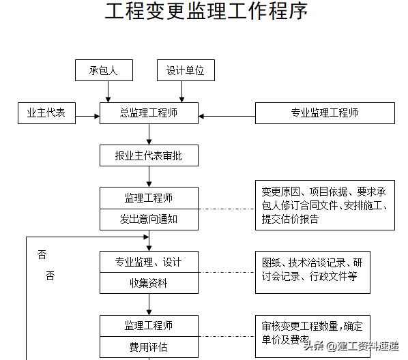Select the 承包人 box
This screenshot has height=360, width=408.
click(104, 71)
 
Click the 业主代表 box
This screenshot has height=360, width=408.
click(46, 113)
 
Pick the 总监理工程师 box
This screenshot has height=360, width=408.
click(149, 113)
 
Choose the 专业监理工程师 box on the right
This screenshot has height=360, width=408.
click(325, 113)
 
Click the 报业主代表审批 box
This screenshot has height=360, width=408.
click(149, 156)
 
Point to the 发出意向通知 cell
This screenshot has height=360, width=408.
click(149, 220)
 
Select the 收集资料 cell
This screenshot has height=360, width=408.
click(149, 283)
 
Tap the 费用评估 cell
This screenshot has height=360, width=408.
click(149, 346)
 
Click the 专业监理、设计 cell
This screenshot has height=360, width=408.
click(149, 262)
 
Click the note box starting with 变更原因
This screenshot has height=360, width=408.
click(325, 205)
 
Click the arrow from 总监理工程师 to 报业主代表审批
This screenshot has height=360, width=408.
click(149, 135)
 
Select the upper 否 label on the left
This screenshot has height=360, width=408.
click(42, 254)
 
